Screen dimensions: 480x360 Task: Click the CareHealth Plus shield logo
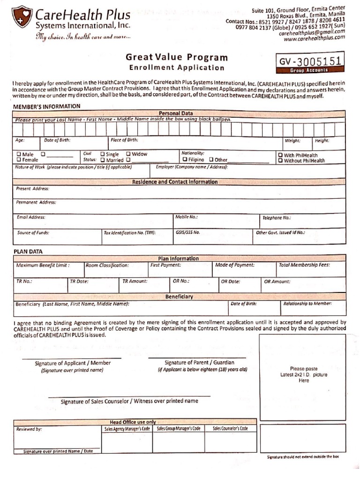click(22, 17)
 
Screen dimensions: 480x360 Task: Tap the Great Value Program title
click(177, 58)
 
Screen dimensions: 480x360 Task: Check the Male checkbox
click(19, 154)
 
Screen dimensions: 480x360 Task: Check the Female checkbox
click(19, 160)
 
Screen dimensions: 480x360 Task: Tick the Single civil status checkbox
click(103, 154)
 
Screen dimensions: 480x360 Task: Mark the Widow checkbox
click(128, 154)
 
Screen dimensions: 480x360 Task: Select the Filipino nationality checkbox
click(185, 160)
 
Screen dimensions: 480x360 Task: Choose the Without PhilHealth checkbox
click(280, 161)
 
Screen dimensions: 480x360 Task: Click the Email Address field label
click(31, 217)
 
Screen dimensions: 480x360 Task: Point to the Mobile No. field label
click(186, 217)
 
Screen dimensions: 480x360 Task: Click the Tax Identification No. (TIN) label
click(129, 232)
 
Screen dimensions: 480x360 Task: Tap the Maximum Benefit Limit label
click(43, 265)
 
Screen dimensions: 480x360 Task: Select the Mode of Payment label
click(235, 265)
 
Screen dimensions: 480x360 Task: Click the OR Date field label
click(231, 282)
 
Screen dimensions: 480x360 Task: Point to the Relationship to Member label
click(307, 304)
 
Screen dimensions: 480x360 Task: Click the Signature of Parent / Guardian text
click(199, 362)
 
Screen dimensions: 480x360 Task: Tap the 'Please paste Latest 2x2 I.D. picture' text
click(304, 375)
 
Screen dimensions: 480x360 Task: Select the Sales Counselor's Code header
click(230, 428)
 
